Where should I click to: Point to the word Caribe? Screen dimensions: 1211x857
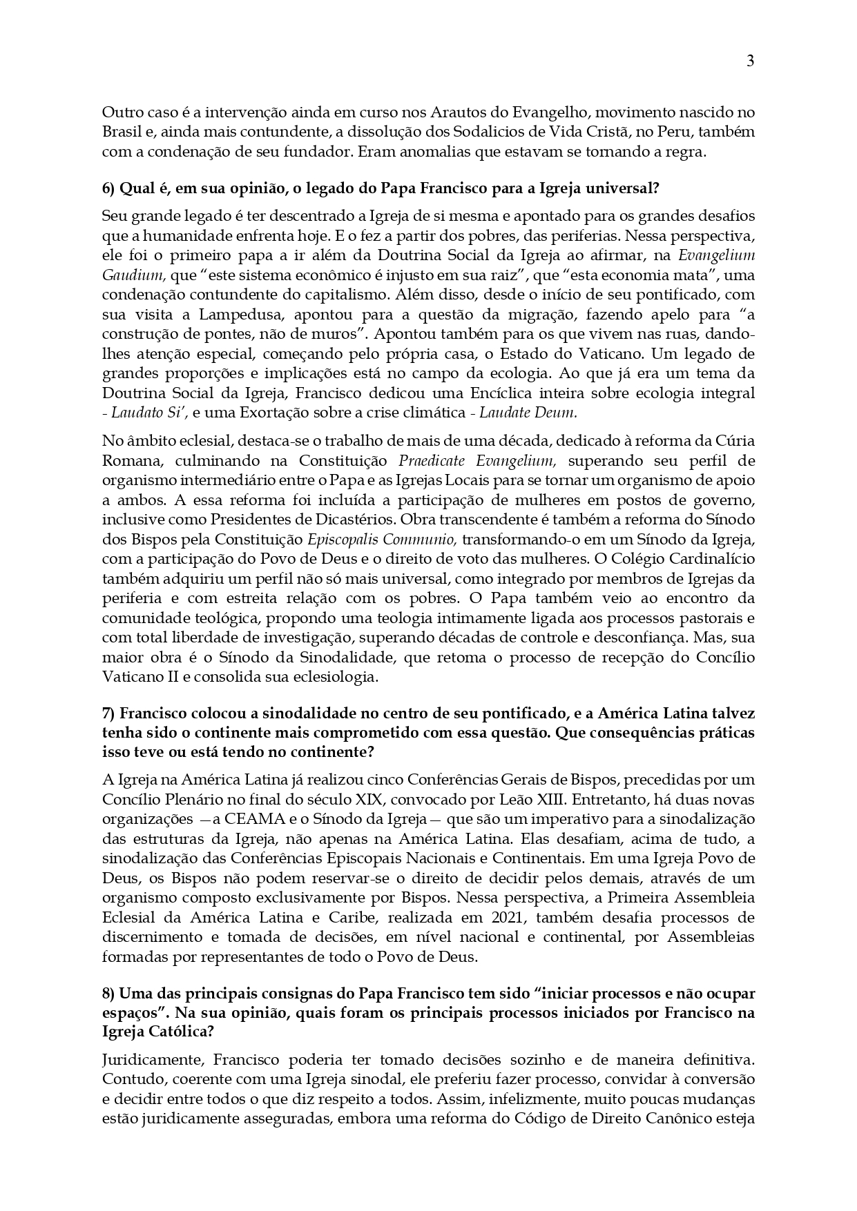pyautogui.click(x=345, y=918)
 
